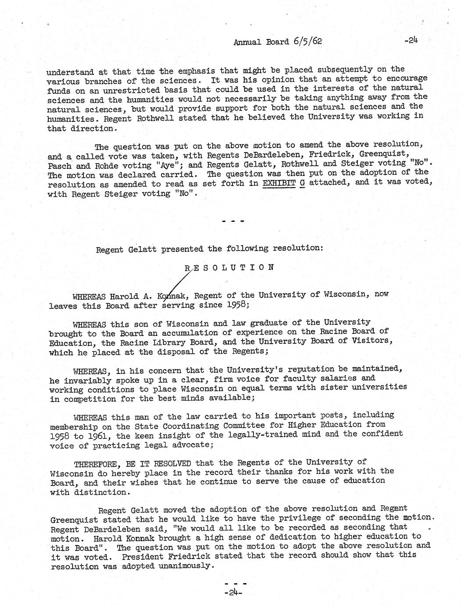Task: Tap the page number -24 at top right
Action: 411,41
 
